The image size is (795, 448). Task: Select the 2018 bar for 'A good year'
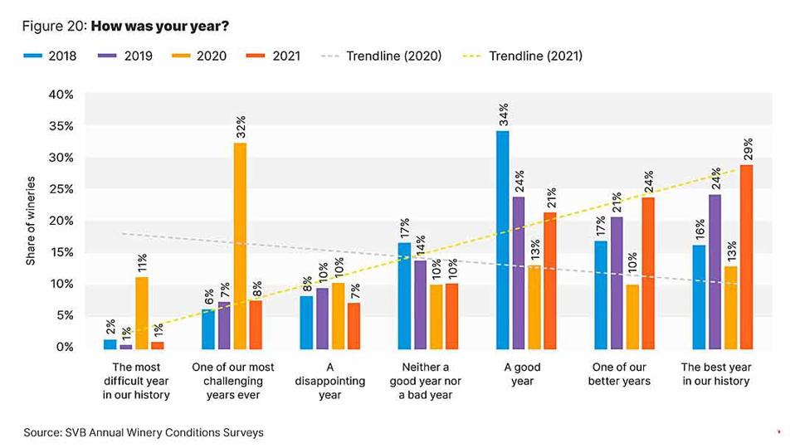[x=503, y=240]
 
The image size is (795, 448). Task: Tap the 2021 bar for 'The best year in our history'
[x=746, y=256]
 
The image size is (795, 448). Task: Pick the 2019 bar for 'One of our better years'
[x=617, y=282]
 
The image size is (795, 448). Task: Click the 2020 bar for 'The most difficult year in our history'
[x=142, y=312]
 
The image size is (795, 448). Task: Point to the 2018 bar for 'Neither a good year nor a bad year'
[x=405, y=295]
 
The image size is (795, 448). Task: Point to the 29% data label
[x=747, y=150]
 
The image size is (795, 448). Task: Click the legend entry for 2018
[x=50, y=56]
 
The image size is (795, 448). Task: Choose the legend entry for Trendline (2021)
[x=522, y=56]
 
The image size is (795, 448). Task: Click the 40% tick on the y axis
[x=61, y=95]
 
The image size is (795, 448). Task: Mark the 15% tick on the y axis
[x=61, y=252]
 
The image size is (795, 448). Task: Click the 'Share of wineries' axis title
[x=31, y=221]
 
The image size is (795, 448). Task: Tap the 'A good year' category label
[x=522, y=374]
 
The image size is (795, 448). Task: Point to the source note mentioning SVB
[x=144, y=432]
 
